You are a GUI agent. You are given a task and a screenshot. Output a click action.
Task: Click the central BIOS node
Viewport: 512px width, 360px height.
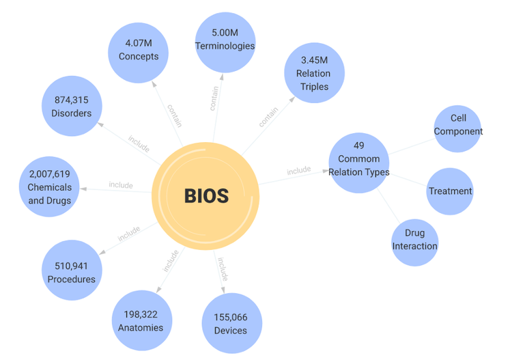[x=205, y=196]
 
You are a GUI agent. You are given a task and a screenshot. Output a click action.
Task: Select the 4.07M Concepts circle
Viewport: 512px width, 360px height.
[x=138, y=53]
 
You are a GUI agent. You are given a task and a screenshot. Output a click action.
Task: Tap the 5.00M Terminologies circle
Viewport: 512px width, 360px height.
[x=225, y=42]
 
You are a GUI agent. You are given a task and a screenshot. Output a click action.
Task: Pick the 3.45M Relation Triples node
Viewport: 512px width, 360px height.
[x=314, y=73]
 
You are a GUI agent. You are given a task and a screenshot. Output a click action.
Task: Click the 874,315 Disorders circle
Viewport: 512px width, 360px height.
[x=72, y=106]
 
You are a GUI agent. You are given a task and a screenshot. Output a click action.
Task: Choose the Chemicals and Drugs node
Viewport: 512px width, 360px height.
[x=49, y=186]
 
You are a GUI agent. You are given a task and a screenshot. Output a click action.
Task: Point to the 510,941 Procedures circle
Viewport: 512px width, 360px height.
[x=72, y=270]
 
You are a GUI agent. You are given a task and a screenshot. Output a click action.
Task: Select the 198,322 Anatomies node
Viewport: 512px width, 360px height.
[x=142, y=320]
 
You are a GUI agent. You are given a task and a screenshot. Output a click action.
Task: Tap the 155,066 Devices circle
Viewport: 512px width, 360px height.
[x=232, y=323]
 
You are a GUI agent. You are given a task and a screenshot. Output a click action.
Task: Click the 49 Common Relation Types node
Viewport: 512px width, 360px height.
[x=359, y=163]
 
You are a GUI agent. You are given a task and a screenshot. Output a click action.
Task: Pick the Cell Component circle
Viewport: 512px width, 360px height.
[x=457, y=128]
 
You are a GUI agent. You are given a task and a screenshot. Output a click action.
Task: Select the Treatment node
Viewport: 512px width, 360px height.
[x=450, y=191]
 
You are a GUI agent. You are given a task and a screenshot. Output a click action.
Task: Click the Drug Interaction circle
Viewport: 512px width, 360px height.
[x=414, y=243]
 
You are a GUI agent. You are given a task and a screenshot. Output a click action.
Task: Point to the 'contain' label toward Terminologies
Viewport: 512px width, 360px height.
[x=214, y=98]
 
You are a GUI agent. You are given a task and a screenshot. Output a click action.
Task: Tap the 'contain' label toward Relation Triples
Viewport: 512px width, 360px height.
[x=268, y=117]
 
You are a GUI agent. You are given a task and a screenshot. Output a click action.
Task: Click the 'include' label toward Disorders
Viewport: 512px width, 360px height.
[x=139, y=143]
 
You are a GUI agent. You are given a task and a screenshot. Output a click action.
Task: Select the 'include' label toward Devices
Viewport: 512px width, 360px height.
[x=223, y=269]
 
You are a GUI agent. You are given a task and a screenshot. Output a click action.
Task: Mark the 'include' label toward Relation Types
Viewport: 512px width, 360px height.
[x=299, y=170]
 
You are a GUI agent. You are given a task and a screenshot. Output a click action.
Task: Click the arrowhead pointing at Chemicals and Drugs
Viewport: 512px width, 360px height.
[x=83, y=189]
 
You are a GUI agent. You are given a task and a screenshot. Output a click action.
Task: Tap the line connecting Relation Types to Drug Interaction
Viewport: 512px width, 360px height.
[x=388, y=206]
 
